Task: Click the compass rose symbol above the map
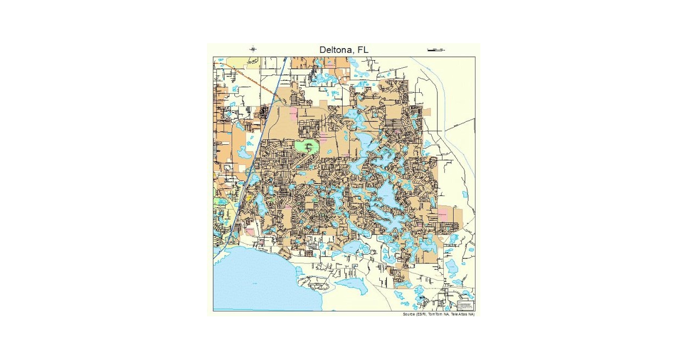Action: [253, 49]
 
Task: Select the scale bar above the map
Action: [436, 50]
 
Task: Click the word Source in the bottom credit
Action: [408, 314]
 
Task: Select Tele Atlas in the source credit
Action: [459, 314]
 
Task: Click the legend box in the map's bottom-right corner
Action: [466, 305]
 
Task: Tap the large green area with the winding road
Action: [307, 147]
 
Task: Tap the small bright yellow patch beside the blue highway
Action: [248, 198]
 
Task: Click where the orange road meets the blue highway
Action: [277, 94]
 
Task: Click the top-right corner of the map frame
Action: [475, 57]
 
